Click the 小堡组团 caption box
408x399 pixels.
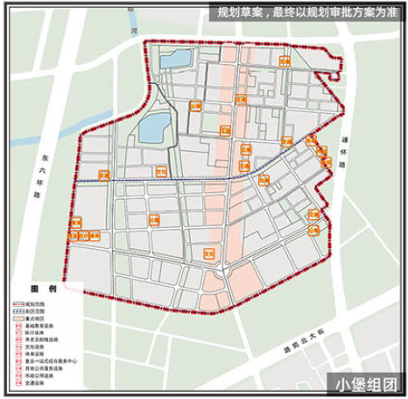tap(366, 383)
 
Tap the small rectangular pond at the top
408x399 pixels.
tap(178, 60)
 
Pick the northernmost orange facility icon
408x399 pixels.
tap(285, 60)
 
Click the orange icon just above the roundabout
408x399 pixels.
tap(208, 253)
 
